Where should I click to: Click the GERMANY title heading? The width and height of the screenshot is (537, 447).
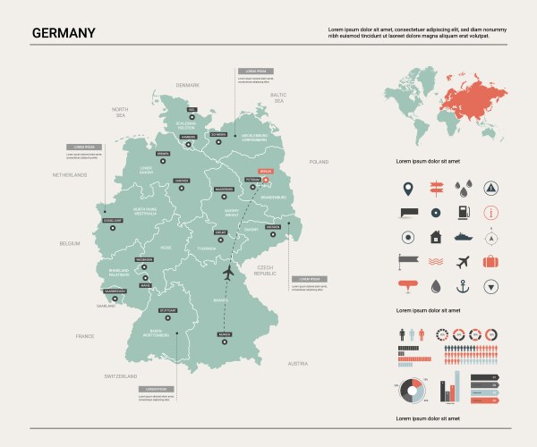tap(64, 33)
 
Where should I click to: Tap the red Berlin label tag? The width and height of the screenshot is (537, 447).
tap(264, 170)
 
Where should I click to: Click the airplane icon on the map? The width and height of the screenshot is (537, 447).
tap(229, 271)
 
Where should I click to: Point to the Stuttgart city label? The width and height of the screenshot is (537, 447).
tap(167, 309)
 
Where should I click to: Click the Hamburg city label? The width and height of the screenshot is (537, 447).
tap(189, 137)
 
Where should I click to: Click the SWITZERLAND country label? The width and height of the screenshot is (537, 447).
tap(121, 376)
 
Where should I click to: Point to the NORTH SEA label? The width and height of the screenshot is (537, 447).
tap(120, 112)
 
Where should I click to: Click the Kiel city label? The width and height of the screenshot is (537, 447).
tap(192, 109)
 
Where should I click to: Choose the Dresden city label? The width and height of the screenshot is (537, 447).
tap(273, 226)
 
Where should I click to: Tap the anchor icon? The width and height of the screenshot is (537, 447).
tap(463, 287)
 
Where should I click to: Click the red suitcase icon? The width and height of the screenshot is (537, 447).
tap(490, 262)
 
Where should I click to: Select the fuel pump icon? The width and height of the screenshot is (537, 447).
tap(463, 213)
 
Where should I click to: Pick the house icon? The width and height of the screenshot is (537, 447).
tap(435, 238)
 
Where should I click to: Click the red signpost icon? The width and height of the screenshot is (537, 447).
tap(435, 189)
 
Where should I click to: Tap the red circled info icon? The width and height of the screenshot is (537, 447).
tap(490, 213)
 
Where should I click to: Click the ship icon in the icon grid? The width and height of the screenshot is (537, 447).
tap(463, 238)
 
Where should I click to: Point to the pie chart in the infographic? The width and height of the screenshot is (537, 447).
tap(411, 392)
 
